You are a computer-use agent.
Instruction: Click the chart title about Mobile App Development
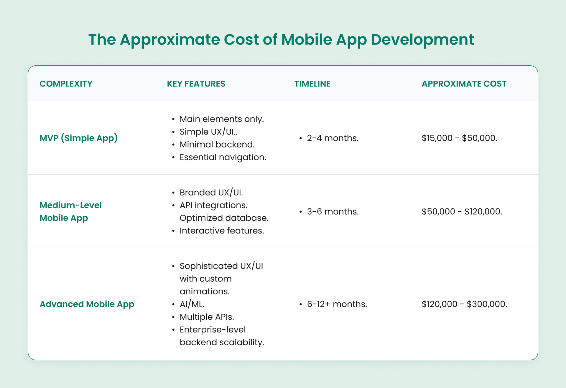pos(281,39)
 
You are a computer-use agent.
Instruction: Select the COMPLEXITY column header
pos(66,84)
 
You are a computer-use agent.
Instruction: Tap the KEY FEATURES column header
pos(196,84)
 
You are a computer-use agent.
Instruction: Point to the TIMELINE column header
pos(312,84)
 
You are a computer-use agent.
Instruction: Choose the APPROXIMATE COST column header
pos(464,84)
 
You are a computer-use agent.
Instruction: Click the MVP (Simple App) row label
pos(79,138)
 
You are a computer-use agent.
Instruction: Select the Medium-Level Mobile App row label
pos(71,211)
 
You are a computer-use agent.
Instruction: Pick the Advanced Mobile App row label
pos(87,304)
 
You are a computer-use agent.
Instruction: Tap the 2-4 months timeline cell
pos(333,138)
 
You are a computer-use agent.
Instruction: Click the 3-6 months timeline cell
pos(333,212)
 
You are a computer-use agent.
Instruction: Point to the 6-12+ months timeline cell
pos(337,304)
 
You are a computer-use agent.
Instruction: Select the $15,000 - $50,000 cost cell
pos(460,138)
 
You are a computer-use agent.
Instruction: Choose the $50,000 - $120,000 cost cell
pos(462,212)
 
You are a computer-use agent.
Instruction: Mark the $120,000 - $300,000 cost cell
pos(465,304)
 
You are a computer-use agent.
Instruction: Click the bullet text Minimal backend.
pos(217,145)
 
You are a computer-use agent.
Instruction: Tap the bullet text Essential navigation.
pos(223,157)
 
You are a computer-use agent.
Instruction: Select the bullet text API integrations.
pos(214,205)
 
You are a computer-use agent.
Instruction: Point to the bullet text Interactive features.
pos(222,231)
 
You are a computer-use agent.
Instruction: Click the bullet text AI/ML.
pos(192,304)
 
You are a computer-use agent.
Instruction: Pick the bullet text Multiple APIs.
pos(207,317)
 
